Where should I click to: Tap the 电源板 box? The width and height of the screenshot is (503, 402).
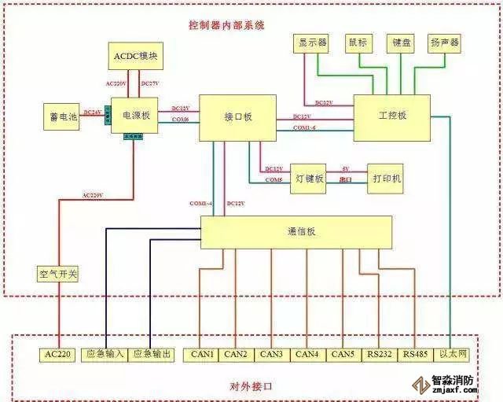(130, 116)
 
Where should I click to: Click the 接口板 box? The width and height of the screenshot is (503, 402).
(237, 116)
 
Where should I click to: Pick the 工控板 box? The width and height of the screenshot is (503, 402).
(391, 115)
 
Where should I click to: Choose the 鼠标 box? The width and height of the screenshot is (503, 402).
(358, 42)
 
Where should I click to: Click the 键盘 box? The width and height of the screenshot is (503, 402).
(401, 42)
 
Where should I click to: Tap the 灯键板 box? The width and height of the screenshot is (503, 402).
(308, 179)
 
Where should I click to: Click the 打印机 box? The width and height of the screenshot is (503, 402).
(387, 179)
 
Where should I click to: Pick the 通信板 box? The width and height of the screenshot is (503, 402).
(296, 232)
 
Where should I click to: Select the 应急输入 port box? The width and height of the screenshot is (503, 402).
(105, 355)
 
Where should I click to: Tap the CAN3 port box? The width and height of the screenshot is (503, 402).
(272, 355)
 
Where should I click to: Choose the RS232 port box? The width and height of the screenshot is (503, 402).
(380, 355)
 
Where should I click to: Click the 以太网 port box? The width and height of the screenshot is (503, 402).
(453, 355)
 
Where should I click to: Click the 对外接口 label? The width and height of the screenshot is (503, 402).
(251, 386)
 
